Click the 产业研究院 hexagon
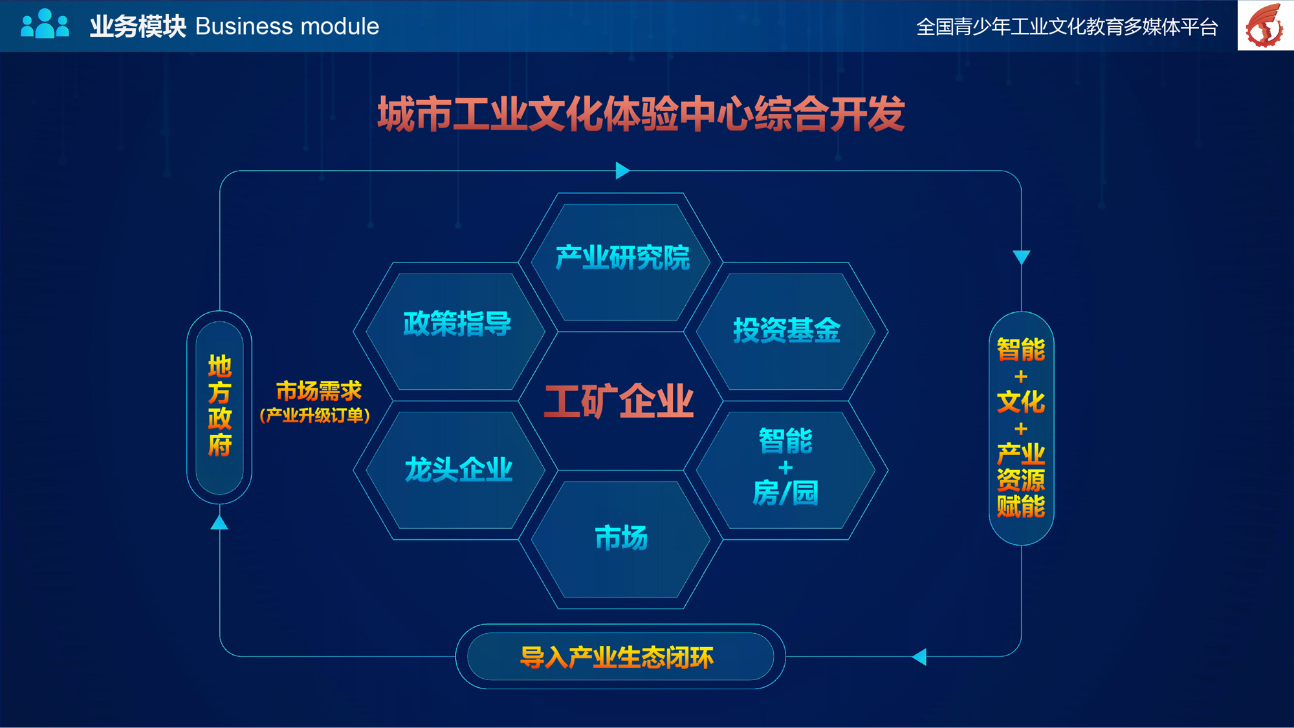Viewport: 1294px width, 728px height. tap(620, 262)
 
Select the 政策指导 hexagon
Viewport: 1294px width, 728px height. tap(455, 331)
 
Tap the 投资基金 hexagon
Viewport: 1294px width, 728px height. tap(785, 331)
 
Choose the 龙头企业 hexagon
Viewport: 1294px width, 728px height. tap(455, 470)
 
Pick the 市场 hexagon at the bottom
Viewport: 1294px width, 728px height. tap(620, 539)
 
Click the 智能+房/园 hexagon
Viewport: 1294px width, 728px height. tap(785, 470)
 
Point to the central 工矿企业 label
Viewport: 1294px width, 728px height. tap(619, 401)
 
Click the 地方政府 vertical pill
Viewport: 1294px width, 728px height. tap(219, 407)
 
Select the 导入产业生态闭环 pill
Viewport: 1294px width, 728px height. tap(620, 656)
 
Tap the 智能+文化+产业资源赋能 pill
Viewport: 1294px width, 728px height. tap(1021, 428)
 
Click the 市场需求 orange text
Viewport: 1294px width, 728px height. tap(318, 391)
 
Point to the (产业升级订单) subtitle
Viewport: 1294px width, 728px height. tap(315, 415)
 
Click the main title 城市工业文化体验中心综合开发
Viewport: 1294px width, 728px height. tap(641, 114)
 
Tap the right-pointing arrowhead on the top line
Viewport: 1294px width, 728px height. tap(622, 171)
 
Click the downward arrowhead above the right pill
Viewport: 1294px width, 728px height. tap(1022, 257)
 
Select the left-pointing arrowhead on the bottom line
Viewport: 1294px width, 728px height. tap(919, 657)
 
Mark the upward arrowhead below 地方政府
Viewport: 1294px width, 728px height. tap(219, 522)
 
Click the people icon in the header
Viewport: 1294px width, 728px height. tap(45, 24)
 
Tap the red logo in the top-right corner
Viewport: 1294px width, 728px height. tap(1265, 25)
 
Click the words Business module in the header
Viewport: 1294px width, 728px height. tap(287, 27)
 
